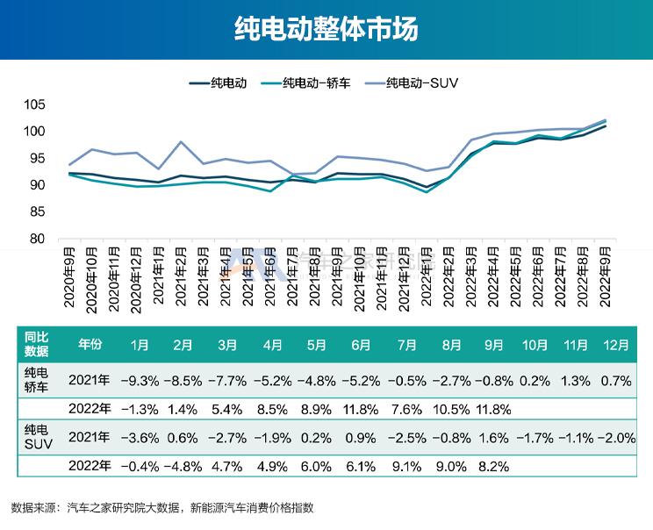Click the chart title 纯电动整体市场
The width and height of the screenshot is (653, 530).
(326, 29)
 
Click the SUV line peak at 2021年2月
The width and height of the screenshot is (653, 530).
(180, 142)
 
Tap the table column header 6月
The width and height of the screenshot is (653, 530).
(360, 345)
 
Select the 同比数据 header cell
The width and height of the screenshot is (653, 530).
(36, 344)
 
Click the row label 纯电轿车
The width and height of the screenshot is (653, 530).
(36, 380)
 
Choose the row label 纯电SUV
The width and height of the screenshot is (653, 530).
(36, 437)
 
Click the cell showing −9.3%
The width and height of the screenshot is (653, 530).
(140, 381)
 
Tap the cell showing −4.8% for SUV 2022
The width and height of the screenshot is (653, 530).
(183, 466)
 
